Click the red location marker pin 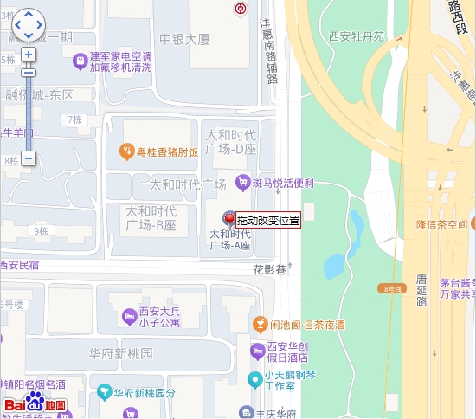tap(229, 219)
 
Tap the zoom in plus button tap(29, 55)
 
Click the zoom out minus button tap(29, 158)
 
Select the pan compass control tap(28, 25)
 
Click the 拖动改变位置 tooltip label tap(268, 220)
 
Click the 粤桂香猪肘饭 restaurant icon tap(126, 152)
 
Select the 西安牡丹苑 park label tap(356, 36)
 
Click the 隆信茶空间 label tap(441, 225)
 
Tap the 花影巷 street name tap(269, 269)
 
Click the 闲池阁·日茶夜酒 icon tap(258, 325)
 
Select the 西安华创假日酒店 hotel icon tap(256, 351)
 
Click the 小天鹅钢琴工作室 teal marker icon tap(254, 379)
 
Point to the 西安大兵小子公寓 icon tap(129, 314)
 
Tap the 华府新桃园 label tap(120, 353)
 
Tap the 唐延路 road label tap(421, 290)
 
